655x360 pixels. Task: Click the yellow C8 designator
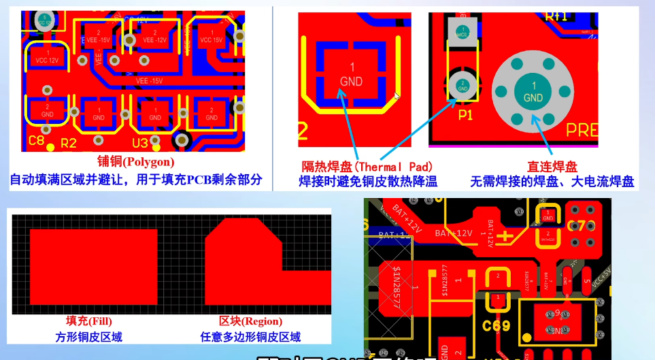click(x=37, y=142)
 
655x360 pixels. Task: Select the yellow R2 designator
click(x=69, y=143)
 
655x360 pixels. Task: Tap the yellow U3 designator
click(x=140, y=143)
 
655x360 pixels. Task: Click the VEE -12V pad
click(x=156, y=37)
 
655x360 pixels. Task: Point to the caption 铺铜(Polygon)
click(x=135, y=162)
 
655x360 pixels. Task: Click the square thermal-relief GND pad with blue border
click(x=352, y=76)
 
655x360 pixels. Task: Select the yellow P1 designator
click(x=465, y=115)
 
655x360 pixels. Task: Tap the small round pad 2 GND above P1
click(x=462, y=86)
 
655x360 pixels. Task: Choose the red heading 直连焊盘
click(x=552, y=167)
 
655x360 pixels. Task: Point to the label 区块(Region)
click(x=250, y=321)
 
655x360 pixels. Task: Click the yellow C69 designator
click(x=497, y=325)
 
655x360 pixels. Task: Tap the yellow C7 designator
click(x=577, y=226)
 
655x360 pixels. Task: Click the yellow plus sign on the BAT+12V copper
click(x=505, y=237)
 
